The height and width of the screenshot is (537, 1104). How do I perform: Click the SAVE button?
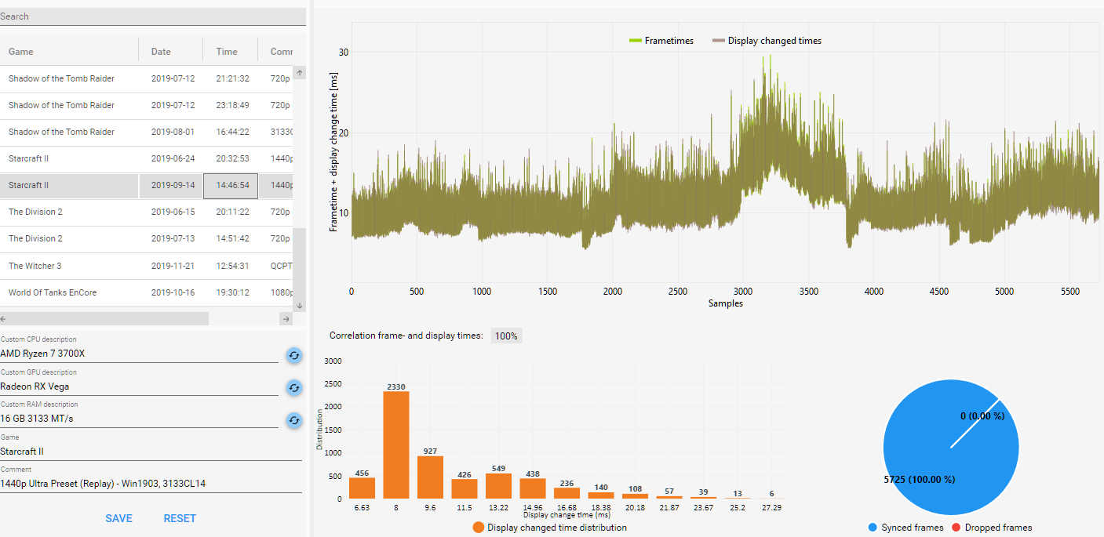(x=118, y=518)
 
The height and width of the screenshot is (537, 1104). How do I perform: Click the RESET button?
(x=180, y=518)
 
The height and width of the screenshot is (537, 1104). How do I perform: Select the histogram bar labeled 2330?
(x=396, y=444)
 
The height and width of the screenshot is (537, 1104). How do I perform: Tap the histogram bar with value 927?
(x=430, y=477)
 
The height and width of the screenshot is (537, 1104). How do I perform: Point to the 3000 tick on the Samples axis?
(x=743, y=292)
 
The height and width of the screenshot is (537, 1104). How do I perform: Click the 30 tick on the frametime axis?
(x=344, y=53)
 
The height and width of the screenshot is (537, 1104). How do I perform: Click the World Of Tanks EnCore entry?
(x=53, y=292)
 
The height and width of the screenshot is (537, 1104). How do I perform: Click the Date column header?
(x=161, y=52)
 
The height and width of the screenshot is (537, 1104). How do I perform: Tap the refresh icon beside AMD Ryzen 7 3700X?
(x=293, y=355)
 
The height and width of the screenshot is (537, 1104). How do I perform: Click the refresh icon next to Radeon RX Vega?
(x=293, y=387)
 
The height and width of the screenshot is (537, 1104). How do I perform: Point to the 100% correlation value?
(x=506, y=336)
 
